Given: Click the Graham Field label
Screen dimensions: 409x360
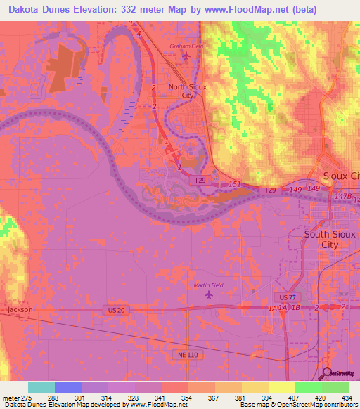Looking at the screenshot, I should click(187, 47).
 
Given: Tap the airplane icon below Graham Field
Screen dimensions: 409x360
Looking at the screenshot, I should click(186, 56).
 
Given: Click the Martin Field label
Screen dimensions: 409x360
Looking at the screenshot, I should click(207, 285).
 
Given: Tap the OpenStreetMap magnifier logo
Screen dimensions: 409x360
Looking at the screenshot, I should click(327, 373).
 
